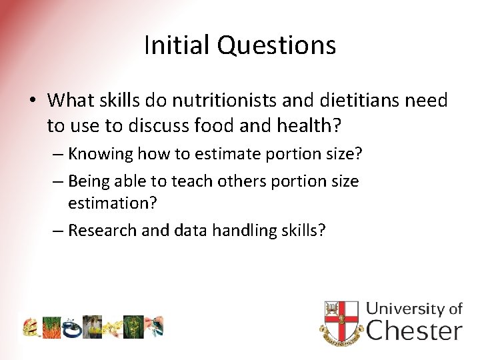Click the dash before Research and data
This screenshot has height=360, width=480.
pos(58,230)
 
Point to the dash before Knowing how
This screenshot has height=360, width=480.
pos(58,154)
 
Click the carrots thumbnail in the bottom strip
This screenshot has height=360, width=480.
pos(52,327)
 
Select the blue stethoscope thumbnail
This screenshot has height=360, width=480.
pos(72,327)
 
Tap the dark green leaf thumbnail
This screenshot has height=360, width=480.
pos(133,327)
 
